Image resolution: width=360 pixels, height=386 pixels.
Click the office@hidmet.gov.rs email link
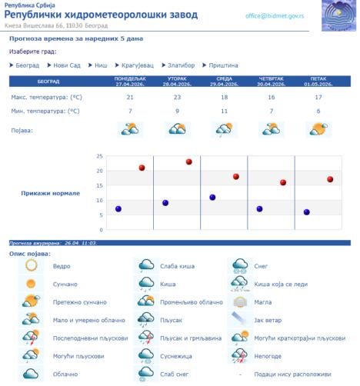(x=275, y=15)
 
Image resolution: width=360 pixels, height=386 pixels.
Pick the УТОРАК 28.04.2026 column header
(x=177, y=82)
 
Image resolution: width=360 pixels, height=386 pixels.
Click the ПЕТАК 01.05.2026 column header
(x=318, y=82)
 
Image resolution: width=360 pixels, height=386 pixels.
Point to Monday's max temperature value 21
(x=130, y=98)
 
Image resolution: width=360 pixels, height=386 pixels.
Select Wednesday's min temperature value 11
(x=224, y=111)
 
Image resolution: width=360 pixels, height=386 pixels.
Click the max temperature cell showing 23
(x=177, y=98)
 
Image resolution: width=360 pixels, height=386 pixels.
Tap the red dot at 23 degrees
(x=188, y=161)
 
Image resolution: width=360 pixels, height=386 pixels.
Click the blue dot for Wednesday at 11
(x=212, y=198)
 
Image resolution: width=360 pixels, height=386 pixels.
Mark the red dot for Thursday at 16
(x=283, y=182)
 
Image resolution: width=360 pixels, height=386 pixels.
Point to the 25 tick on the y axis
(x=100, y=156)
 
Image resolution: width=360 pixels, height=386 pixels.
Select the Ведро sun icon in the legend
(x=31, y=265)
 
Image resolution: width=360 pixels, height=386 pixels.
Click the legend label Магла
(x=264, y=302)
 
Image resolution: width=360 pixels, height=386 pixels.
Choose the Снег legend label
(x=262, y=266)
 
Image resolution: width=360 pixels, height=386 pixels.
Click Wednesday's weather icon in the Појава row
(x=224, y=129)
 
